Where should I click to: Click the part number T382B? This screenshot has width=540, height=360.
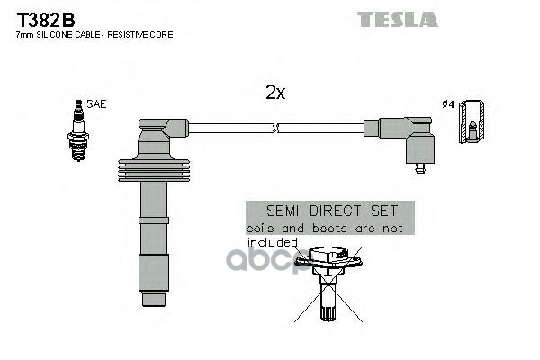tap(42, 18)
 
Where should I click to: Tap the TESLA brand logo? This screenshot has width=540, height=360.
tap(397, 19)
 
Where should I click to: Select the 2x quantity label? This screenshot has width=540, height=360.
tap(274, 93)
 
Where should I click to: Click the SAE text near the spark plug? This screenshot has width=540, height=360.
tap(96, 104)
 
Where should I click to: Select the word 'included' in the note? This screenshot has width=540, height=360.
tap(272, 242)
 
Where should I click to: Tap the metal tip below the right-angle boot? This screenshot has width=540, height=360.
tap(418, 166)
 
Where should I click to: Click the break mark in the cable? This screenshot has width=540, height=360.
tap(274, 129)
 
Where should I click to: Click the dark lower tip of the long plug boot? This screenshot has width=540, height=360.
tap(152, 271)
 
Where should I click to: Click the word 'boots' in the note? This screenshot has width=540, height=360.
tap(330, 229)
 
